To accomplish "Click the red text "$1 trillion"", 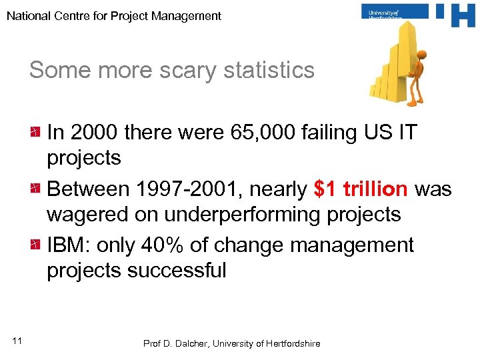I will (360, 189).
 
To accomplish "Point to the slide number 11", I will (17, 341).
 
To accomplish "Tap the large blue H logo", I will (455, 15).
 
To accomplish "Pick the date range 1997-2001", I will (189, 189).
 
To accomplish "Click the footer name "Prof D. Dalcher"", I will (175, 343).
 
